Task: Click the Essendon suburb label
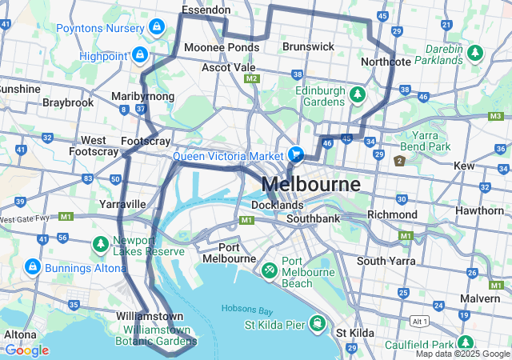point(206,10)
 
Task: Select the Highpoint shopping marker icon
point(140,55)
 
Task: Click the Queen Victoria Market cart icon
point(296,154)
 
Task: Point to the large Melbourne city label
point(322,183)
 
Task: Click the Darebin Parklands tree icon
point(476,53)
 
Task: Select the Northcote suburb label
point(386,62)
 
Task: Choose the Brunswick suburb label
point(308,46)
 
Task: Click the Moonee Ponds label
point(222,47)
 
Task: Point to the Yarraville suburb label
point(122,204)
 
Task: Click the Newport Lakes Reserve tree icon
point(102,243)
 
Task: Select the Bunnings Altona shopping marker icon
point(33,265)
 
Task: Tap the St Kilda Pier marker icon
point(318,324)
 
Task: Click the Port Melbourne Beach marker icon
point(270,271)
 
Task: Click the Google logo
point(26,350)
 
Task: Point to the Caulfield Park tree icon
point(463,343)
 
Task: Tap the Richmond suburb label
point(392,215)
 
